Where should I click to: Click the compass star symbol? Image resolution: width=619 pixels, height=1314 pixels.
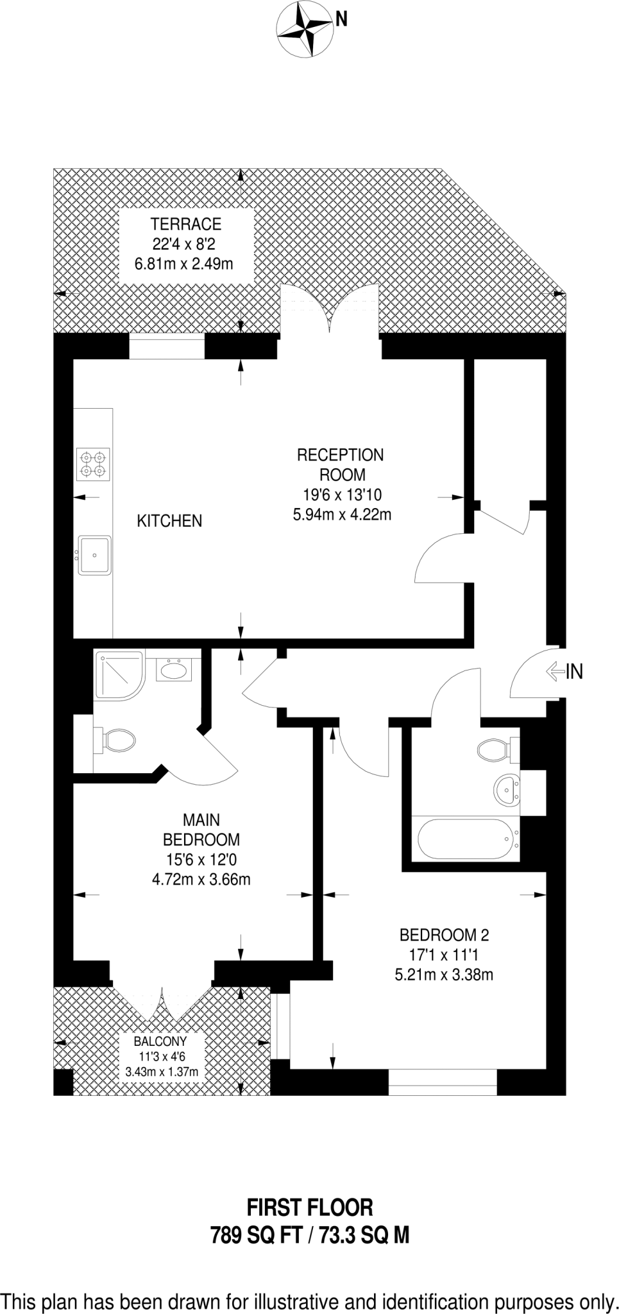click(304, 30)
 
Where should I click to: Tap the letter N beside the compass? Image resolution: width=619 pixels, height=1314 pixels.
click(342, 20)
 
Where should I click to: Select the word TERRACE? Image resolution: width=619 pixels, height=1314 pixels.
click(186, 224)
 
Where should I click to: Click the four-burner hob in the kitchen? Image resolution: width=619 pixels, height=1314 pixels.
click(93, 464)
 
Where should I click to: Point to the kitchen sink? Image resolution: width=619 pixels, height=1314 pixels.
click(95, 555)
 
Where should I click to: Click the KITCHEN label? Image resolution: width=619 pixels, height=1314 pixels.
click(169, 520)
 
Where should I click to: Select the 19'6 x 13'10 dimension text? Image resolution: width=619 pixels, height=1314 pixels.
click(342, 495)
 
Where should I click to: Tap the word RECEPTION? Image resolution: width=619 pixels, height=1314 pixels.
click(340, 455)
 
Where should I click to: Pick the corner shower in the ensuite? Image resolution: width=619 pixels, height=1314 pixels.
click(119, 675)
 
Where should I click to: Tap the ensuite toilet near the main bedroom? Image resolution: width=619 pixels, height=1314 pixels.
click(115, 741)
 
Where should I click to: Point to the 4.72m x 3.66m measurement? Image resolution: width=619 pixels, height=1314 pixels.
click(201, 879)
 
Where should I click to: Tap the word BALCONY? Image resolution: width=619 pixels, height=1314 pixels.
click(160, 1041)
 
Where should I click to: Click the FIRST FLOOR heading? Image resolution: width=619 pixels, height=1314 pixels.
click(310, 1207)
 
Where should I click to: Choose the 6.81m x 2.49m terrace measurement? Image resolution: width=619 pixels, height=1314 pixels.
click(183, 263)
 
